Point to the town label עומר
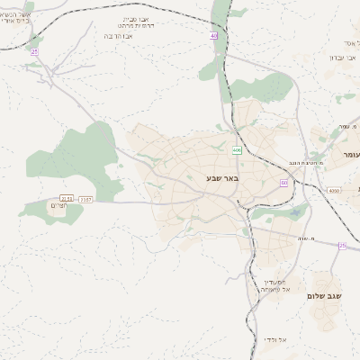click(x=350, y=155)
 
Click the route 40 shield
click(x=214, y=35)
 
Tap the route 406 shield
click(x=237, y=150)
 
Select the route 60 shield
click(x=283, y=183)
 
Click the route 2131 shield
click(x=66, y=198)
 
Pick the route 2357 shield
click(x=85, y=198)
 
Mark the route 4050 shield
click(x=335, y=191)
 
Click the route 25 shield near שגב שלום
click(x=342, y=245)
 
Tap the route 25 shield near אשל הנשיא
click(x=35, y=52)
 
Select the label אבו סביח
click(x=137, y=17)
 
